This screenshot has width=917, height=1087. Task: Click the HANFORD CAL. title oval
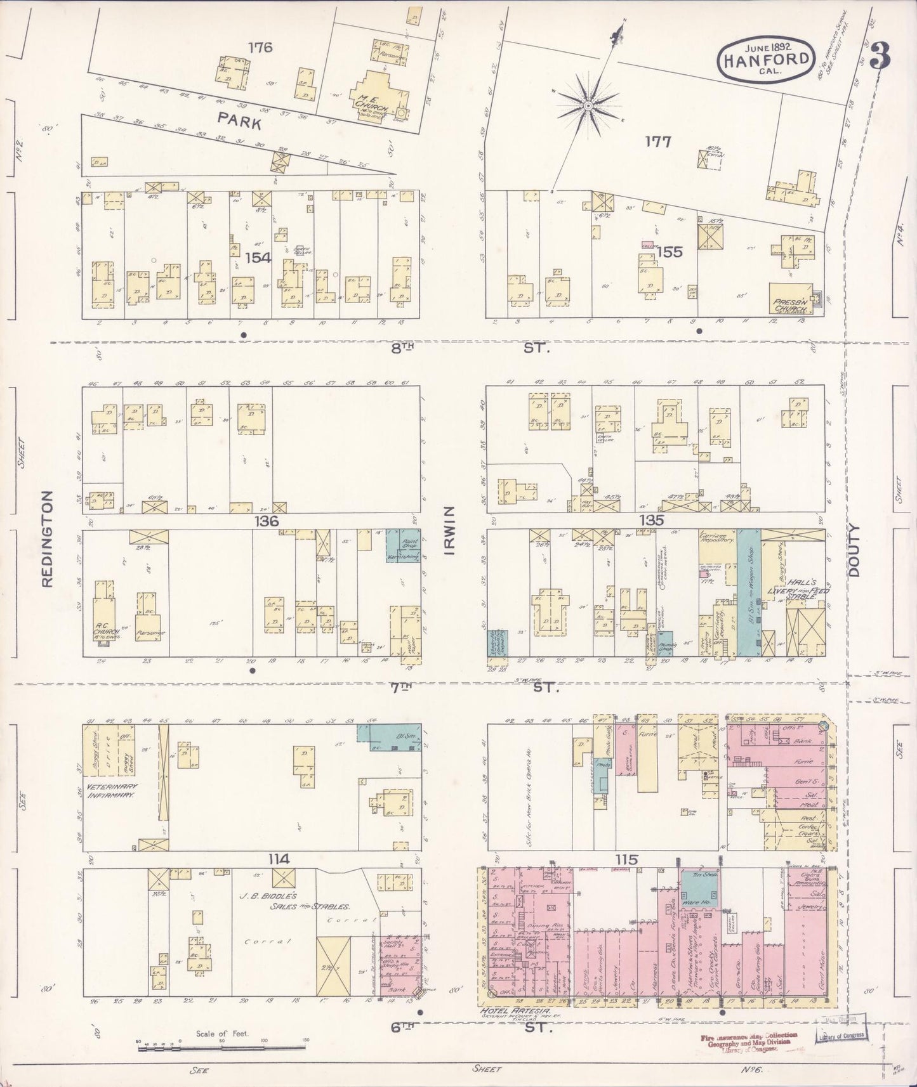765,59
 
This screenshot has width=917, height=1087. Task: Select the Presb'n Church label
790,307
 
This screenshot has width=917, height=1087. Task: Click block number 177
657,141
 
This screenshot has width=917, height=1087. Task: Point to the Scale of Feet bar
221,1043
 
